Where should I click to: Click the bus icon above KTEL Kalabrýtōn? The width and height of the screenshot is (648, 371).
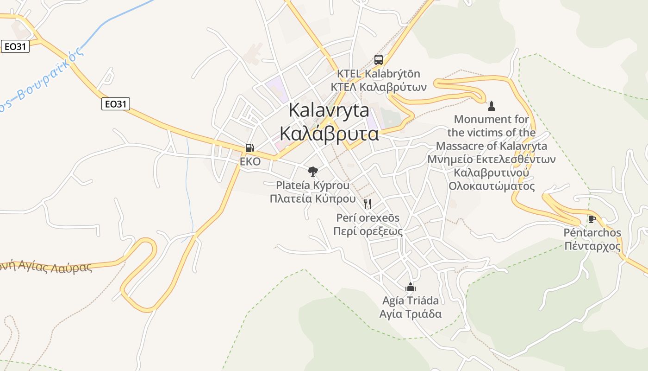pyautogui.click(x=378, y=60)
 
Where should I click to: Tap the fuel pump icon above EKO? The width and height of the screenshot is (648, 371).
pyautogui.click(x=249, y=148)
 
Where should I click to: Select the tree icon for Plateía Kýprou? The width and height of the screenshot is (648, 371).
pyautogui.click(x=313, y=172)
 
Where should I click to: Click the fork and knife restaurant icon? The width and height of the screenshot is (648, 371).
pyautogui.click(x=368, y=204)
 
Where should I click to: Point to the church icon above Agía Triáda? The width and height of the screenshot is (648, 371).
pyautogui.click(x=410, y=287)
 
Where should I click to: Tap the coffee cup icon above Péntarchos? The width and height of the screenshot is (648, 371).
pyautogui.click(x=592, y=219)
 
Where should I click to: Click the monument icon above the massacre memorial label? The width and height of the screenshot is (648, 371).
pyautogui.click(x=492, y=106)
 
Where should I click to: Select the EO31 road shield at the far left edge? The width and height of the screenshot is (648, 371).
pyautogui.click(x=15, y=46)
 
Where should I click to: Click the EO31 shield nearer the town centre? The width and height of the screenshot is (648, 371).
pyautogui.click(x=116, y=104)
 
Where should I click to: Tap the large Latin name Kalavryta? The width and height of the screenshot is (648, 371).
pyautogui.click(x=329, y=111)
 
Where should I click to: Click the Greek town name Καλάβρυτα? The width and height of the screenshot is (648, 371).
pyautogui.click(x=329, y=134)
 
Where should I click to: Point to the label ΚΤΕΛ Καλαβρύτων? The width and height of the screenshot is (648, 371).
pyautogui.click(x=378, y=87)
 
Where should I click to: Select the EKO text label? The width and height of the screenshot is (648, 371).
pyautogui.click(x=250, y=162)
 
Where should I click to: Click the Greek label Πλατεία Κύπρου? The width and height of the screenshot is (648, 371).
pyautogui.click(x=312, y=199)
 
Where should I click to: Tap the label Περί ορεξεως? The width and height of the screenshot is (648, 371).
pyautogui.click(x=368, y=231)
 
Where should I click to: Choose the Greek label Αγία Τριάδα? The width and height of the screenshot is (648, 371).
pyautogui.click(x=410, y=314)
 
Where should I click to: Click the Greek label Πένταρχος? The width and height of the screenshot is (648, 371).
pyautogui.click(x=592, y=246)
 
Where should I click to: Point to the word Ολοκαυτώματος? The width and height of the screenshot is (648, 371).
pyautogui.click(x=492, y=186)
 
